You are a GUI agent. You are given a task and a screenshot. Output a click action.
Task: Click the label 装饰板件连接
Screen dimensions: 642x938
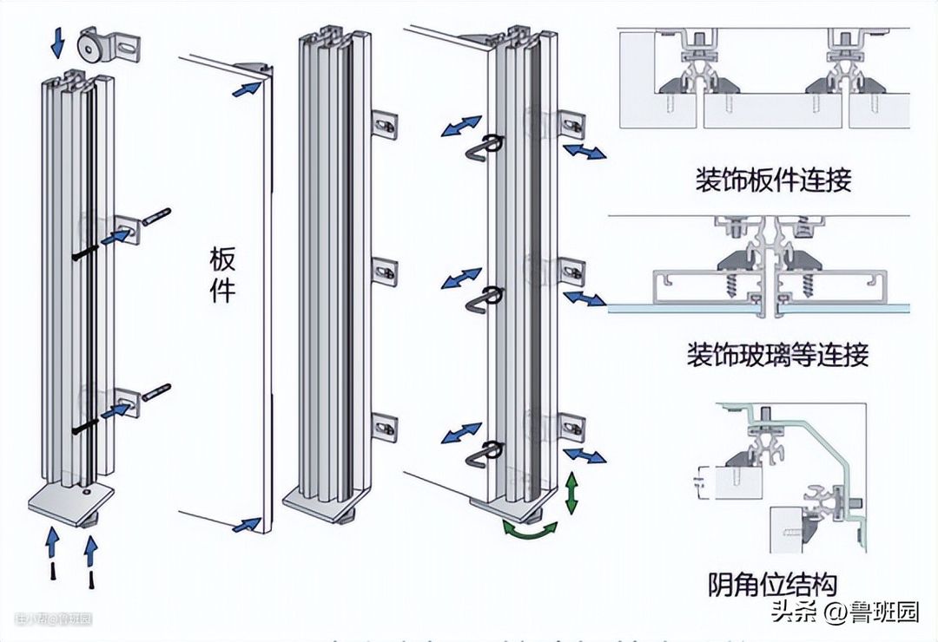[x=773, y=180]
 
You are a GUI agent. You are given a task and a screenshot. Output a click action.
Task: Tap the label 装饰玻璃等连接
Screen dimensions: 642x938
[x=777, y=355]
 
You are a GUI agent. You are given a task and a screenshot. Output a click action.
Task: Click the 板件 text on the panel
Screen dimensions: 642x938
[x=223, y=273]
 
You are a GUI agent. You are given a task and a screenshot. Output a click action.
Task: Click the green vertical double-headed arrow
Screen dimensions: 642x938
[x=571, y=493]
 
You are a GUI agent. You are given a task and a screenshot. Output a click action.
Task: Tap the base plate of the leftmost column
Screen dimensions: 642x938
[x=71, y=502]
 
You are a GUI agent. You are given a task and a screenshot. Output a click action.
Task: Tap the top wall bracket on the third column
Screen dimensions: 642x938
[x=384, y=125]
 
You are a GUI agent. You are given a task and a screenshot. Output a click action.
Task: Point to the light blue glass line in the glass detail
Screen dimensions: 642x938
[x=677, y=308]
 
